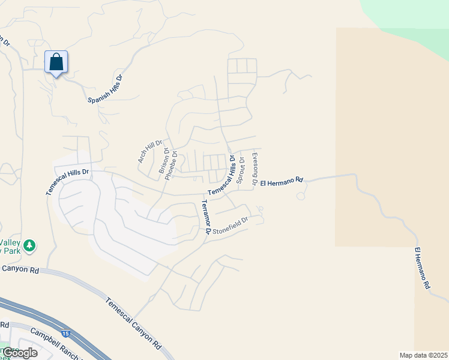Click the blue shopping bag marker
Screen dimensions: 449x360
pos(56,62)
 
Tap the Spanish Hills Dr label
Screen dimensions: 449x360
pos(105,89)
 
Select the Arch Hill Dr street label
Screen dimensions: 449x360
pos(150,152)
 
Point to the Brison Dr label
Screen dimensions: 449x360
pos(163,161)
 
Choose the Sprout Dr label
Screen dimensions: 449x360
pos(242,170)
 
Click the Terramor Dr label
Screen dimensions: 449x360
pos(206,217)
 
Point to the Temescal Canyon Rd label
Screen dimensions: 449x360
pos(133,323)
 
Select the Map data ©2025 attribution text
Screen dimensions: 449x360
pos(423,355)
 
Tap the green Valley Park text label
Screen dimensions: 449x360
pos(9,246)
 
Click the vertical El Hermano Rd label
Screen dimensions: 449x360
pos(423,268)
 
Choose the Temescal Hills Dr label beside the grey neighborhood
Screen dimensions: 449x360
pos(67,181)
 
